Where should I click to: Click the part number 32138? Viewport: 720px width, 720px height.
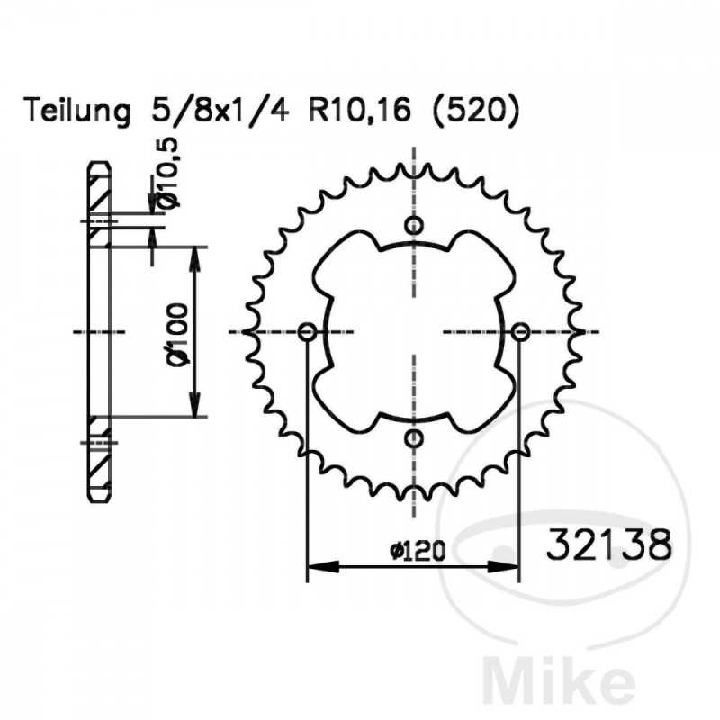(x=607, y=544)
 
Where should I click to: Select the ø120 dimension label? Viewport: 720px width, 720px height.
(x=418, y=551)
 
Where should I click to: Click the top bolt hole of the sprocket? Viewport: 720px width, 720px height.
(x=413, y=225)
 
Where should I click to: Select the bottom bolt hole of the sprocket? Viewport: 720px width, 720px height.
(x=413, y=438)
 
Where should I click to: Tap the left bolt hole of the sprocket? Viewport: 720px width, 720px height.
(x=307, y=332)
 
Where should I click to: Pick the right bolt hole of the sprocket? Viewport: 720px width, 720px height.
(x=519, y=332)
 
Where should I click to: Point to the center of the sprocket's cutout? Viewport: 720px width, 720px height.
(x=413, y=332)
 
